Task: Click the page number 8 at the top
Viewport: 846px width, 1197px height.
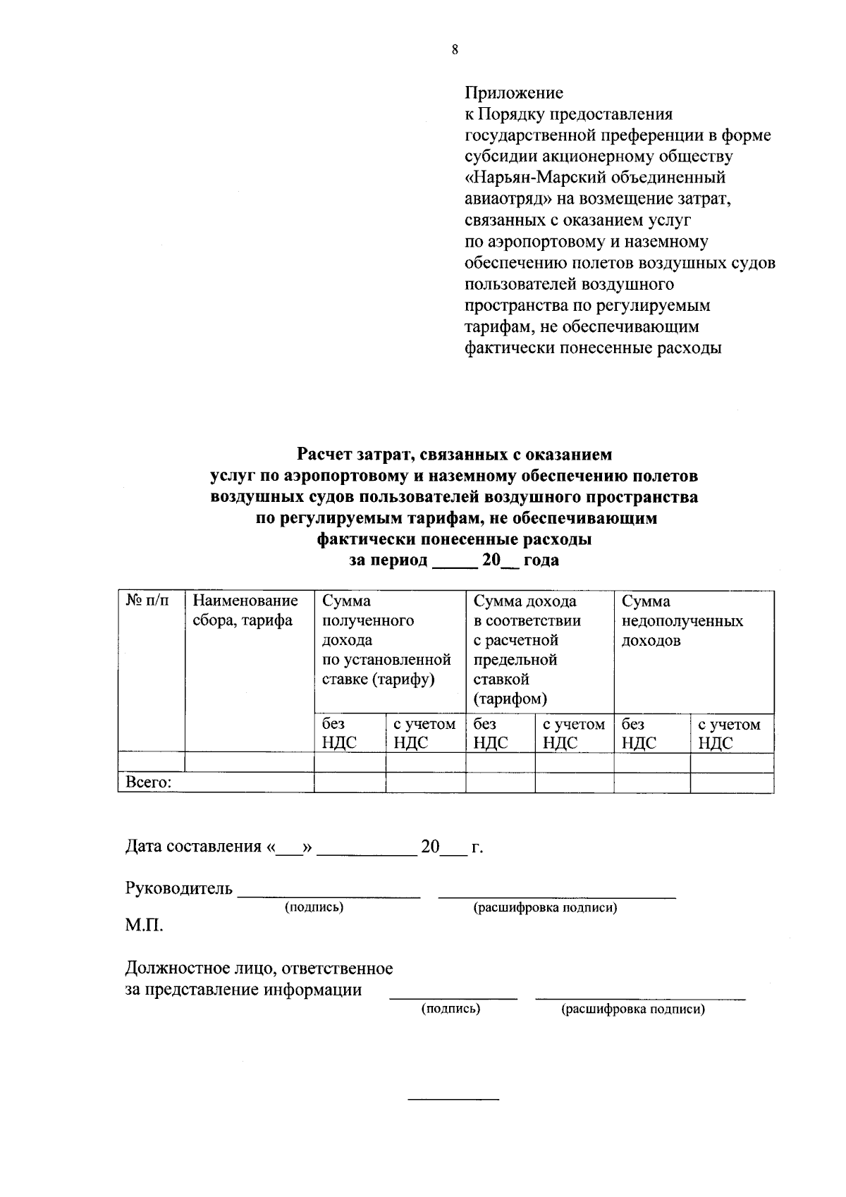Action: pos(455,49)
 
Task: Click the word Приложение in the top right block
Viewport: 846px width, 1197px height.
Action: pos(514,93)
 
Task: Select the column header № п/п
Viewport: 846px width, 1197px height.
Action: pos(147,601)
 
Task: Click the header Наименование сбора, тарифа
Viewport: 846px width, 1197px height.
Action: pos(245,611)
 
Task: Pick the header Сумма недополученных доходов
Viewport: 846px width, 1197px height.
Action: pos(681,621)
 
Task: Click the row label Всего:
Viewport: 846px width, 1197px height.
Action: pos(149,782)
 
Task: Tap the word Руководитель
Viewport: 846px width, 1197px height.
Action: pos(178,888)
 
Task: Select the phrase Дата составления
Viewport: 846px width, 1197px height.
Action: pos(193,847)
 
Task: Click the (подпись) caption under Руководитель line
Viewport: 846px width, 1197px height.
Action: pos(314,907)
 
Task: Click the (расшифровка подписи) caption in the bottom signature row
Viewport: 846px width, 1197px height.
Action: pos(632,1009)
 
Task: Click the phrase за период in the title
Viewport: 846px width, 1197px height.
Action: pos(388,561)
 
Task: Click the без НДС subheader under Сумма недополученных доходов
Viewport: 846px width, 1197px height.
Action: pos(639,733)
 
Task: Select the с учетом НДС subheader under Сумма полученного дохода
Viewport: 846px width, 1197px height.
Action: pos(424,733)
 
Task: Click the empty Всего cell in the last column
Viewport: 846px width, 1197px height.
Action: pos(731,782)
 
